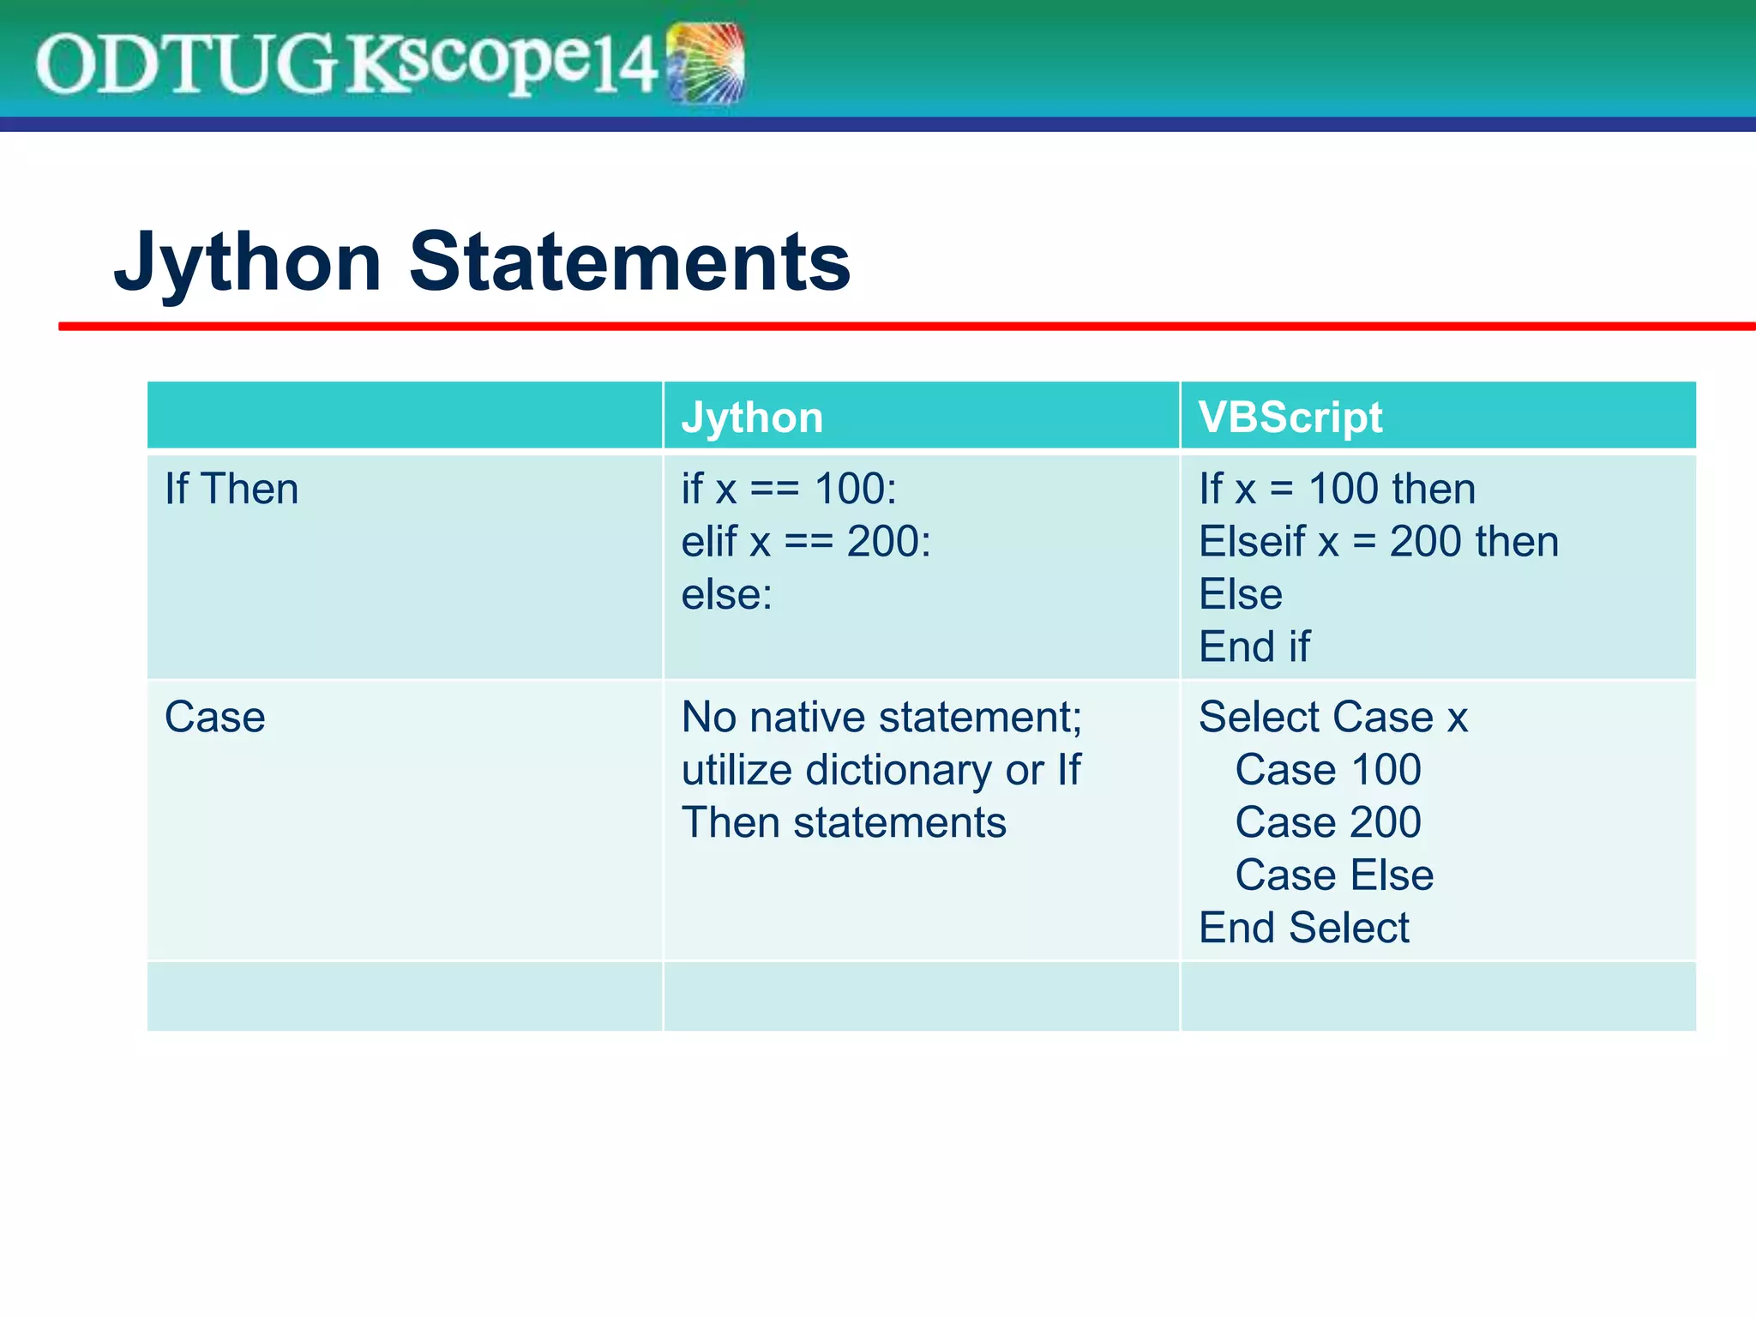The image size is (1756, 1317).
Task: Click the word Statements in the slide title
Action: (630, 262)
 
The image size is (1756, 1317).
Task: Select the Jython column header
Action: (752, 418)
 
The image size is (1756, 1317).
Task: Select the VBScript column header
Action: (1290, 418)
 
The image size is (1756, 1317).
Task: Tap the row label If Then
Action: (232, 489)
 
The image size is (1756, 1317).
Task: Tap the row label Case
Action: (214, 717)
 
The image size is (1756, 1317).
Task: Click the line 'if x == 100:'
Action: (789, 489)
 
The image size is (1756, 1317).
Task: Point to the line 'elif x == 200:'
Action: (806, 542)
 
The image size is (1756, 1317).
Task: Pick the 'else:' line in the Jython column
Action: (726, 594)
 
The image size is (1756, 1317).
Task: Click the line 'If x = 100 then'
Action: (1337, 489)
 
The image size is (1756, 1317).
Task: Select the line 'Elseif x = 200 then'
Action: (1378, 542)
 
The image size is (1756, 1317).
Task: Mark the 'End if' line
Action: (1254, 646)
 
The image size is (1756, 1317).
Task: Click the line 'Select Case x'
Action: (1332, 717)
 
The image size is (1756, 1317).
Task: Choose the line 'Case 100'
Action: (1327, 770)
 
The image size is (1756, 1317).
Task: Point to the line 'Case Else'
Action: (1334, 875)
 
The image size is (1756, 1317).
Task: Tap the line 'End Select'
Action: (1303, 928)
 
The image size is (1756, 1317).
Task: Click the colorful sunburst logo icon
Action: (706, 63)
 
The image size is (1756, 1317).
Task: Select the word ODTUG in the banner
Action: (184, 65)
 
